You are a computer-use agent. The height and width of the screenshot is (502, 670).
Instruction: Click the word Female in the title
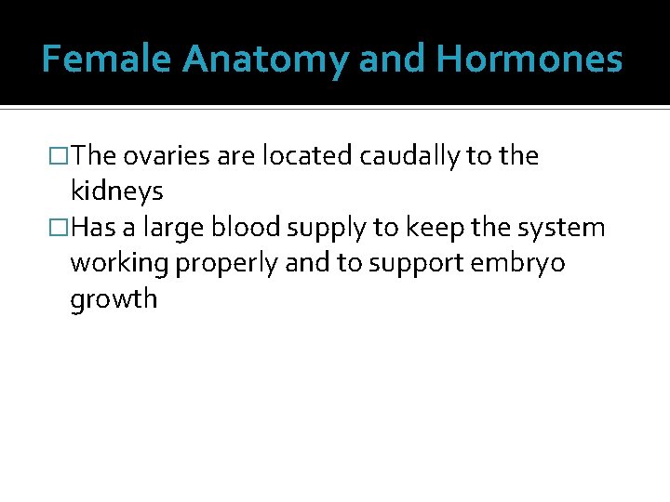(108, 59)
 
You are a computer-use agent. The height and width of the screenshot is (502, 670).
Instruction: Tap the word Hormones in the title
(529, 59)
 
